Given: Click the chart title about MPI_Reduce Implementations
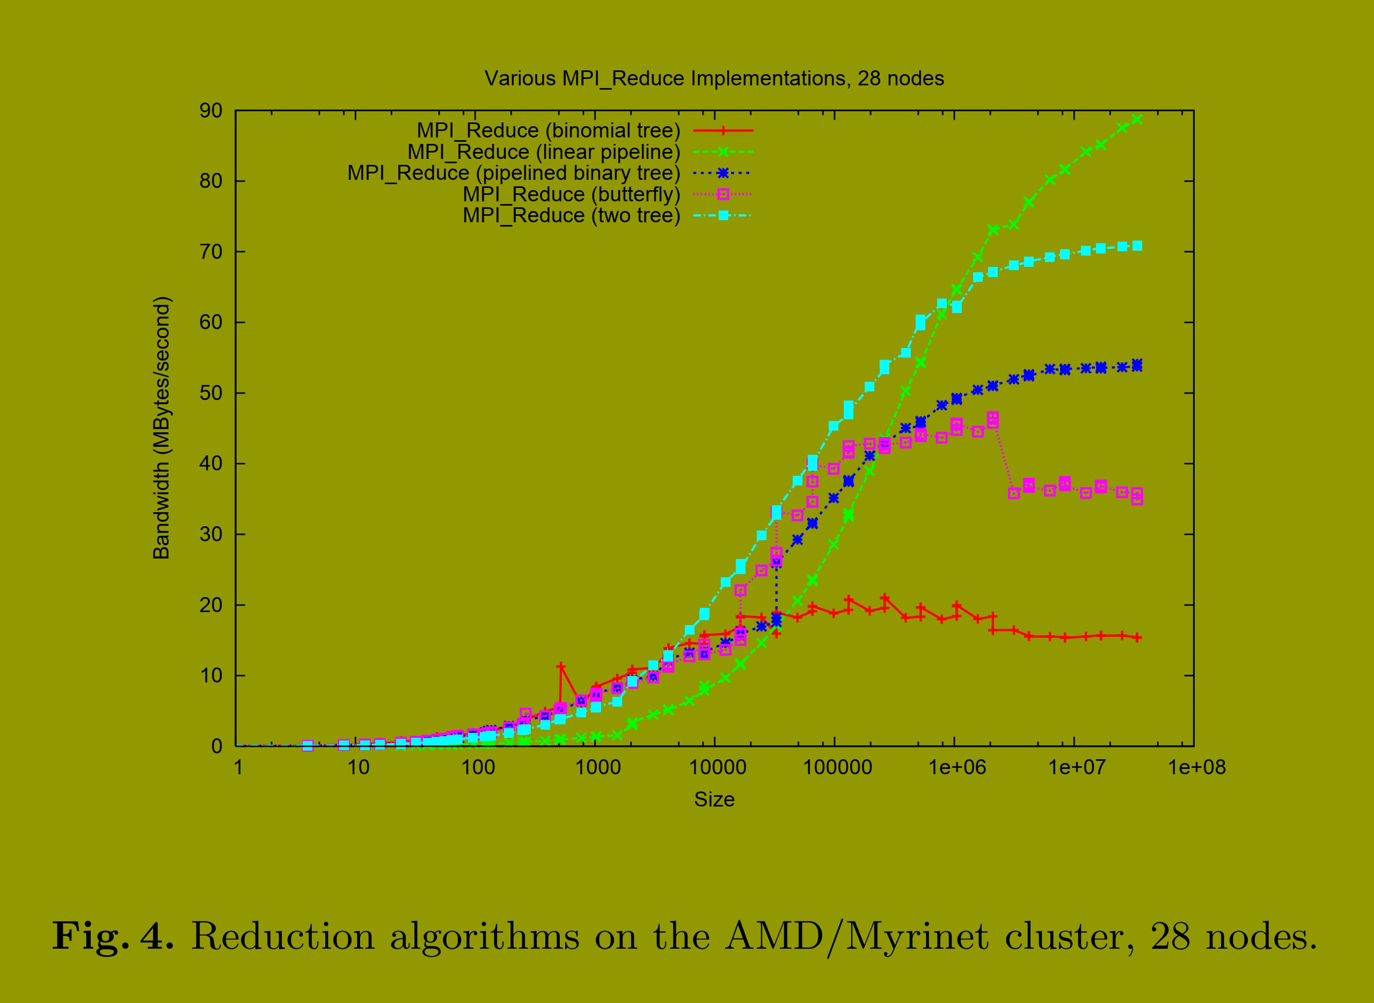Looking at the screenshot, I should pyautogui.click(x=714, y=79).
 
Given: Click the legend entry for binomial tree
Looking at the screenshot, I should pyautogui.click(x=548, y=130).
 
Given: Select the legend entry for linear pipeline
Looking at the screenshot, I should pyautogui.click(x=544, y=152).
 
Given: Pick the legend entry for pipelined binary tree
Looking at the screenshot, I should pyautogui.click(x=514, y=173).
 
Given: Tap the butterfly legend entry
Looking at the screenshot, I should pyautogui.click(x=571, y=194).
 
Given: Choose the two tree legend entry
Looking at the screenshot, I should pyautogui.click(x=571, y=215).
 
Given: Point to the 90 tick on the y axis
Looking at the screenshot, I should pyautogui.click(x=210, y=111).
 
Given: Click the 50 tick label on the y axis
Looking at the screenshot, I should pyautogui.click(x=210, y=394).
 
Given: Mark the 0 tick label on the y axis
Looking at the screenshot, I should pyautogui.click(x=217, y=747).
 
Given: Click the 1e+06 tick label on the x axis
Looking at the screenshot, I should pyautogui.click(x=957, y=768).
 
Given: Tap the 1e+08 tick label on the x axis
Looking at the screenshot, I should pyautogui.click(x=1197, y=768).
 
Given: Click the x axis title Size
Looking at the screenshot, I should pyautogui.click(x=714, y=800).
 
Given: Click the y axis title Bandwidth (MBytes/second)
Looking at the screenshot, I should pyautogui.click(x=162, y=428).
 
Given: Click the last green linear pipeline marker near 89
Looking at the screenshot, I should pyautogui.click(x=1137, y=120).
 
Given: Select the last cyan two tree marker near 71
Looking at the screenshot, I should pyautogui.click(x=1137, y=246).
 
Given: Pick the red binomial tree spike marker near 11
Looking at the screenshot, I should pyautogui.click(x=561, y=667).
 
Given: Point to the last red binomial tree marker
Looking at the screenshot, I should pyautogui.click(x=1137, y=637).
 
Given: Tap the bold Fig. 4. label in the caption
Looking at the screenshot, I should pyautogui.click(x=113, y=936).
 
